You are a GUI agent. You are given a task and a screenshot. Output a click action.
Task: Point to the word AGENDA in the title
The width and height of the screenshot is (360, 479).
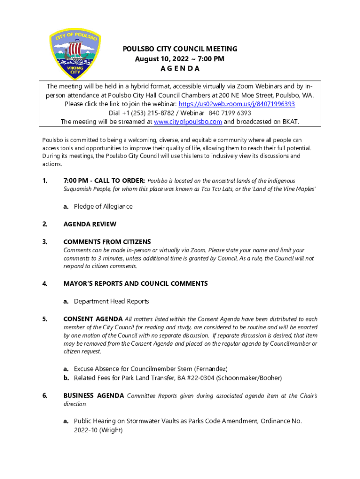(x=180, y=68)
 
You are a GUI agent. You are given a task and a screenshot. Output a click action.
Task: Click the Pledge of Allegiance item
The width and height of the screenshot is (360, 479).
(x=103, y=206)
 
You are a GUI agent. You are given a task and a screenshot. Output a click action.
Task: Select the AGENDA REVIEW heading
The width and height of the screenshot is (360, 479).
(x=90, y=224)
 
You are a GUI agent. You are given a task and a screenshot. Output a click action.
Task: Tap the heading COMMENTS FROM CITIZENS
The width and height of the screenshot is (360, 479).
(x=107, y=242)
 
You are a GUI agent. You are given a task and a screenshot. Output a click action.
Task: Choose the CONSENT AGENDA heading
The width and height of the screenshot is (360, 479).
(x=93, y=319)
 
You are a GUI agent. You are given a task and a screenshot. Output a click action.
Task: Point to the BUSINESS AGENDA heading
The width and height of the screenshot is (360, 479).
(x=94, y=396)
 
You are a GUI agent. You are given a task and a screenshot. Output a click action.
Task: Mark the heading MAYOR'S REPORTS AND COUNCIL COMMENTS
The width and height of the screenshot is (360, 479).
(x=136, y=283)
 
